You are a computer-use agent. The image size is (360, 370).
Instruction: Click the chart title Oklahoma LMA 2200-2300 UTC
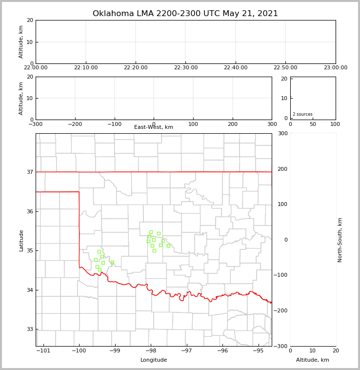coord(185,14)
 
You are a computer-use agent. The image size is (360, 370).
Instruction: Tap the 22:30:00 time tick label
coord(185,68)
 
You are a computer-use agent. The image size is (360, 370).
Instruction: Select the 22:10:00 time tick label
coord(86,68)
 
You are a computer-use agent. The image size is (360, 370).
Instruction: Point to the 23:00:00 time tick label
coord(335,68)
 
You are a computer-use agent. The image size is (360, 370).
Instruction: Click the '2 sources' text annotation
coord(302,114)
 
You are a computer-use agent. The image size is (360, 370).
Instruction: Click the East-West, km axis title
coord(154,127)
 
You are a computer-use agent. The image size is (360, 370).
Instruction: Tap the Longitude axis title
coord(154,360)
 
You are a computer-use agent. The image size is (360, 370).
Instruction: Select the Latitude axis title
coord(21,240)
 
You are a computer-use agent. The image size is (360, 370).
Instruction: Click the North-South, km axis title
coord(340,240)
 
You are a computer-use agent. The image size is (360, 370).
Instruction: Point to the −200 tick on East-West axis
coord(75,124)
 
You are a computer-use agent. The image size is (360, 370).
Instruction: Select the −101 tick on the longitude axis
coord(43,350)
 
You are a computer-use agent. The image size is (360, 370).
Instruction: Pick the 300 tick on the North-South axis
coord(282,133)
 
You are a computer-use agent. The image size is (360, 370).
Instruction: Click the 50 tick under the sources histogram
coord(313,124)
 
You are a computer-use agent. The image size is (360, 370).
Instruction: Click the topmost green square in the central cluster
coord(151,232)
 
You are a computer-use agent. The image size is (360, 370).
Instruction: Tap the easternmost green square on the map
coord(168,246)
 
